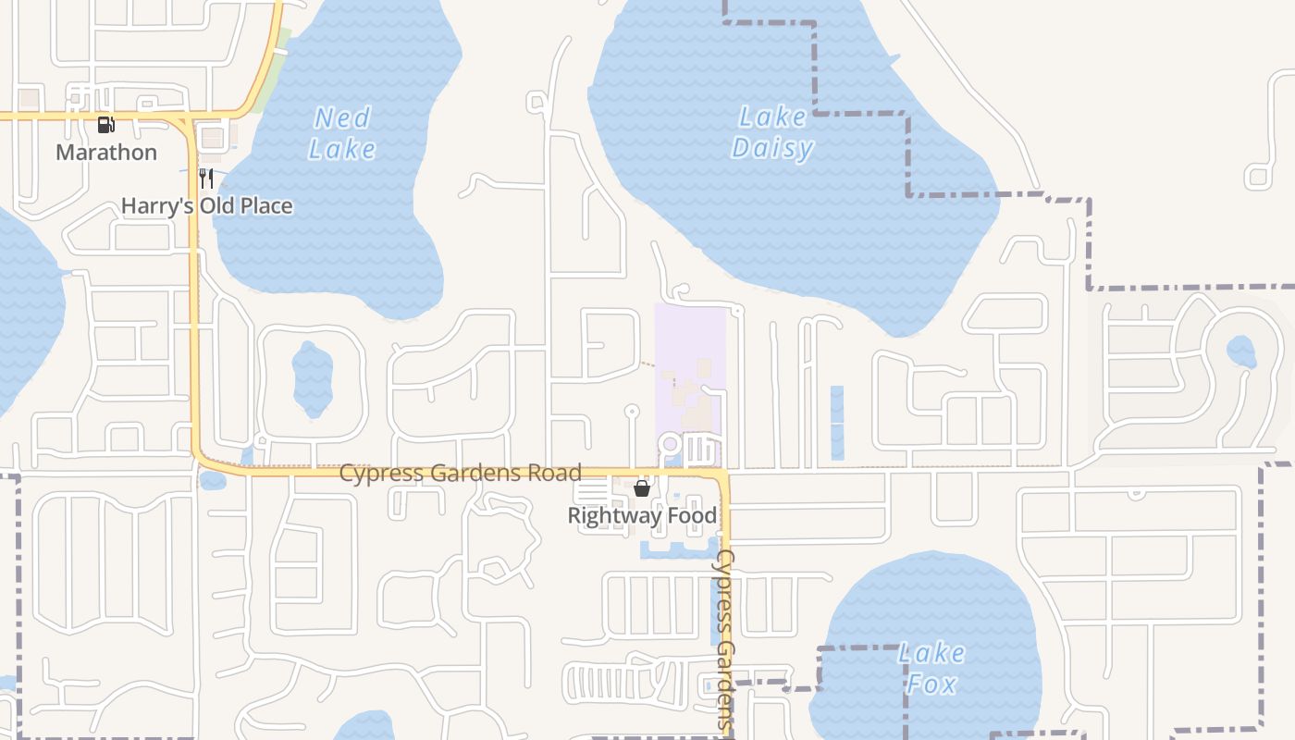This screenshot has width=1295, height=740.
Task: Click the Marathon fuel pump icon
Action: click(106, 124)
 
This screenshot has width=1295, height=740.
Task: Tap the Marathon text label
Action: click(106, 152)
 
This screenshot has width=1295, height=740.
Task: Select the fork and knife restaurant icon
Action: click(206, 178)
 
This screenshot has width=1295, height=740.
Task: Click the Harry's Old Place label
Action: click(207, 205)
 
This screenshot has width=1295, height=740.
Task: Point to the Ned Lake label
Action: click(342, 133)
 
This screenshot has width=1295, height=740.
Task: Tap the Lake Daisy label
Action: click(772, 132)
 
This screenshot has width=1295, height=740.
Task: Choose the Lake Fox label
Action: click(931, 668)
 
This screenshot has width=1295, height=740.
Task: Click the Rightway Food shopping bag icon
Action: click(642, 487)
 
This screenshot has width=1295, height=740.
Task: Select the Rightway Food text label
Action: click(642, 515)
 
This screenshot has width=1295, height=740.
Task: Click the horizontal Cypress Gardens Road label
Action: click(460, 473)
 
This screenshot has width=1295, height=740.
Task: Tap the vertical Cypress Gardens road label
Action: click(725, 638)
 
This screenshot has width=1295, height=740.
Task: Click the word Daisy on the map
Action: click(772, 148)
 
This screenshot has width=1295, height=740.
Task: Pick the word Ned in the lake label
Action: click(342, 117)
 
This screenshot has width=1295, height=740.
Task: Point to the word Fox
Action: click(931, 684)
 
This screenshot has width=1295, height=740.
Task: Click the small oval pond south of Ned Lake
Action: click(312, 378)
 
